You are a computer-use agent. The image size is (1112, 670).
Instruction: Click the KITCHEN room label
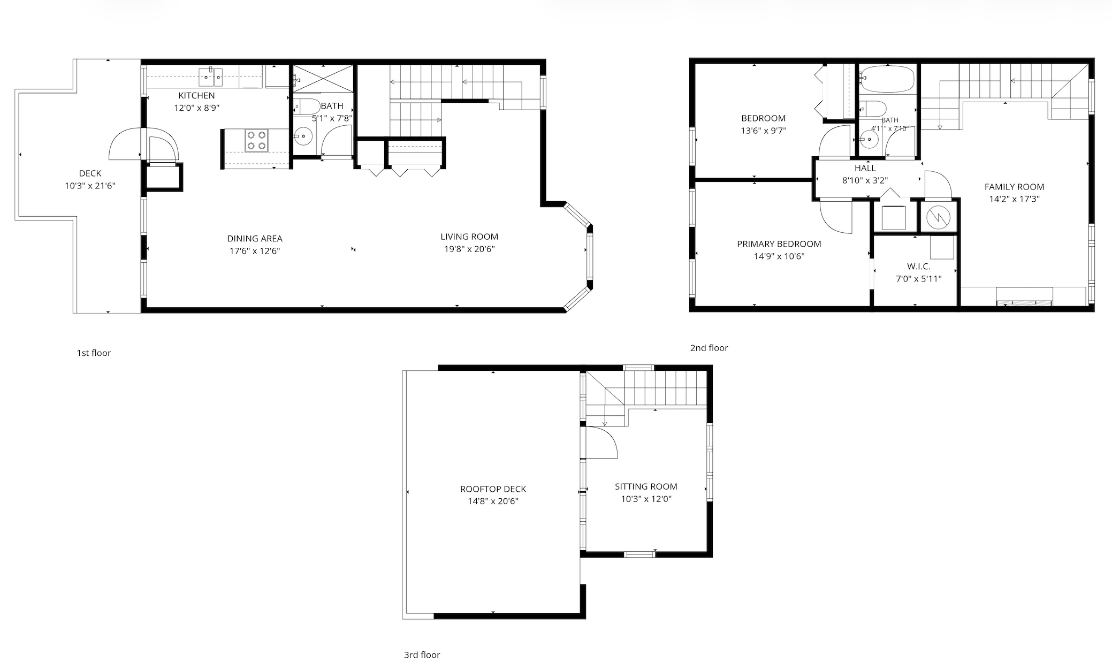[x=196, y=96]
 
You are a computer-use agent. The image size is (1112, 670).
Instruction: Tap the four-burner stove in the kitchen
[x=256, y=141]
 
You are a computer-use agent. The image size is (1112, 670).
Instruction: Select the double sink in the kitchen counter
[x=211, y=77]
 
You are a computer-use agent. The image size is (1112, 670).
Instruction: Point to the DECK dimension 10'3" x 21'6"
[x=90, y=186]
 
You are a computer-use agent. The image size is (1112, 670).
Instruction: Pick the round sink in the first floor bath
[x=303, y=136]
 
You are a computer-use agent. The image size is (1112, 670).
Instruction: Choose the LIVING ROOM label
[x=469, y=237]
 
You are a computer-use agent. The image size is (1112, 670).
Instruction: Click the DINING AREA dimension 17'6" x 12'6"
[x=255, y=251]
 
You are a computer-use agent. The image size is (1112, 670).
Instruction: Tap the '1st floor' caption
[x=94, y=353]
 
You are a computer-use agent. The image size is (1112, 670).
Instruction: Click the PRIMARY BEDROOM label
[x=779, y=244]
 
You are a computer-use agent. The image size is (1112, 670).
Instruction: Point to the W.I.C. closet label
[x=918, y=267]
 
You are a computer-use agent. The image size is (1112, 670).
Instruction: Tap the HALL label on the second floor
[x=865, y=168]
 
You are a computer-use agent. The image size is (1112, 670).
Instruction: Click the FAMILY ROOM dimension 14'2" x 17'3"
[x=1014, y=199]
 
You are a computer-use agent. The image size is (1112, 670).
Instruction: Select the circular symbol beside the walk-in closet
[x=937, y=217]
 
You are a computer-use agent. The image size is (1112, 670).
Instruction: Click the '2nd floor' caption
[x=709, y=348]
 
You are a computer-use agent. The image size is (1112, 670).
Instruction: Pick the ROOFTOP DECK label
[x=493, y=489]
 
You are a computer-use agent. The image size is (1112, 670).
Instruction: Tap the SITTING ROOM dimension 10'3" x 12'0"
[x=646, y=499]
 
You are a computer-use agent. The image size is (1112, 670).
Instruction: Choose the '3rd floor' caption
[x=422, y=655]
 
